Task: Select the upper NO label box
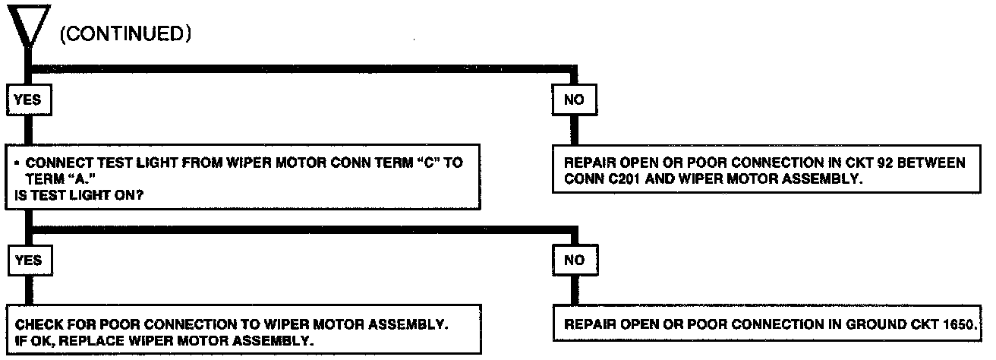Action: [x=575, y=99]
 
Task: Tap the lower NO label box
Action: [x=575, y=260]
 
